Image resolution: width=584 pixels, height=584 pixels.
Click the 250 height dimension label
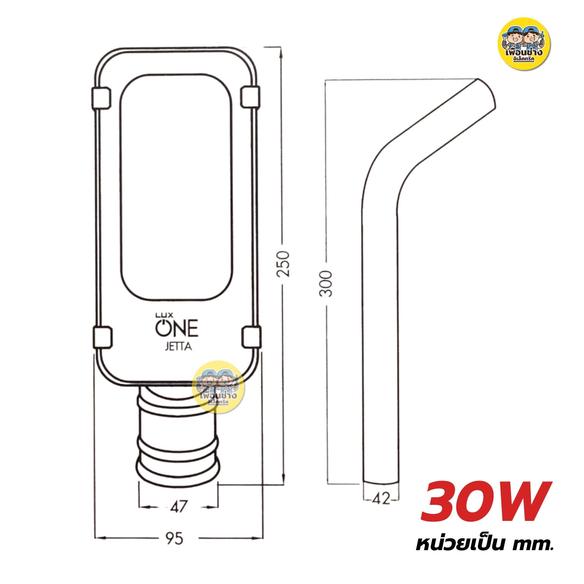(x=283, y=263)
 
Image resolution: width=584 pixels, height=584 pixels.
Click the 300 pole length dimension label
(x=326, y=284)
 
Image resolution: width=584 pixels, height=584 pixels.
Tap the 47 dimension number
(x=179, y=506)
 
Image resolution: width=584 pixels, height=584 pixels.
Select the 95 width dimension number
(x=175, y=538)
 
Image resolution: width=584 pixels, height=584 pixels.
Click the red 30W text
(x=486, y=502)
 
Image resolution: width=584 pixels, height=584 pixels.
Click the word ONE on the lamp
(x=177, y=328)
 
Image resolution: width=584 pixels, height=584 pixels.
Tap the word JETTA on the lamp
(x=178, y=347)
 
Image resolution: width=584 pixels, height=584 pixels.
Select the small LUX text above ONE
(x=164, y=315)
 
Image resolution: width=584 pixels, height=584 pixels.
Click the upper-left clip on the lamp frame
(x=101, y=98)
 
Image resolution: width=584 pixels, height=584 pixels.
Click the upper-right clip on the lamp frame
(x=251, y=97)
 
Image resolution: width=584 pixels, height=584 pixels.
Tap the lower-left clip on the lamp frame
(x=103, y=338)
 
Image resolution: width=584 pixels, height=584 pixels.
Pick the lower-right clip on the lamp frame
(x=252, y=337)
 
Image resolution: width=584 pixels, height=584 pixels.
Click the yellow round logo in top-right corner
(x=524, y=44)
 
